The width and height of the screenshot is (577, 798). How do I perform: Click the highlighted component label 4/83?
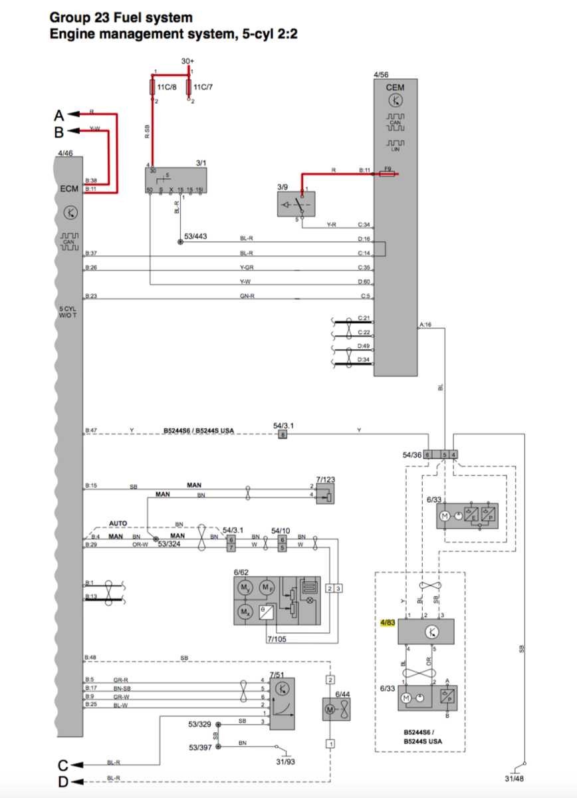[387, 623]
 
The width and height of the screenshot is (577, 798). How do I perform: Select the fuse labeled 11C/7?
[189, 88]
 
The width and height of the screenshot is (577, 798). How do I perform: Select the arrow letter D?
[62, 781]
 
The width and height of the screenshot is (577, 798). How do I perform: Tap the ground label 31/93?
[286, 762]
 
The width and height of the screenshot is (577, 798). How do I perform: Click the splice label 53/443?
[195, 237]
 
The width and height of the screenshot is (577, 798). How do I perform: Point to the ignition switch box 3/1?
[175, 180]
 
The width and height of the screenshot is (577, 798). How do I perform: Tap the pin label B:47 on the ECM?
[91, 431]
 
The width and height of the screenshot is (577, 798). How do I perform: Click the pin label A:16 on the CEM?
[425, 325]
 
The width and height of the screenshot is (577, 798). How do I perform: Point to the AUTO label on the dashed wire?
[118, 523]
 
